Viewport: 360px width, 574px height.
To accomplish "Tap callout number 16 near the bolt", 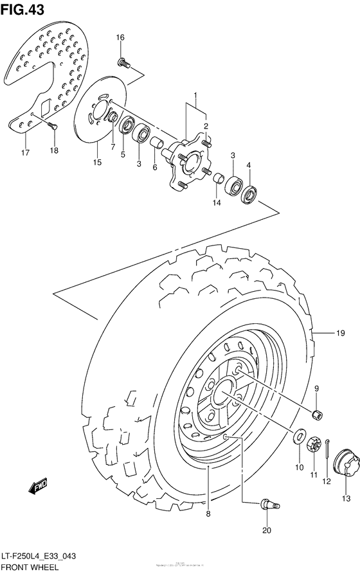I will pos(120,38).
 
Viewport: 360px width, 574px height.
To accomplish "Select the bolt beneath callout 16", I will pos(123,62).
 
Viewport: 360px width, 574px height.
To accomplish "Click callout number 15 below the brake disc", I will pos(97,162).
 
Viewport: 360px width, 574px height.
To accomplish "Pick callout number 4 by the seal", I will pos(249,165).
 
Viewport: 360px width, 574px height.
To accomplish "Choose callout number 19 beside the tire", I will pos(341,332).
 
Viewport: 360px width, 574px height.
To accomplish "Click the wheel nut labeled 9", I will pos(316,415).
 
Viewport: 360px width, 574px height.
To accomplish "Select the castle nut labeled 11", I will pos(314,444).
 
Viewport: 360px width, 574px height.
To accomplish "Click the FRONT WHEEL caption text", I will pos(30,568).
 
